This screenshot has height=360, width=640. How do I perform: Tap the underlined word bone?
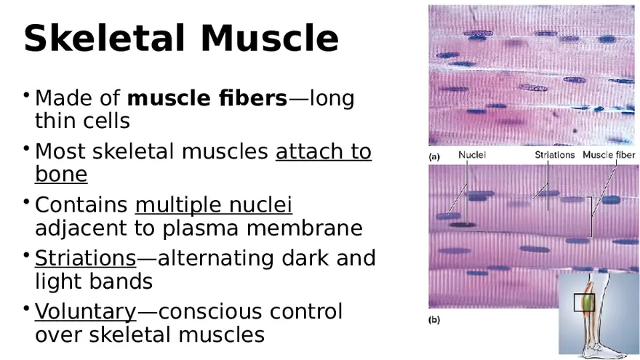(61, 175)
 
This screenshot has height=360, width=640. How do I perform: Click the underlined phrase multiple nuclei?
(214, 206)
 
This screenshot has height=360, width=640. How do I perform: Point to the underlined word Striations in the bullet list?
(85, 259)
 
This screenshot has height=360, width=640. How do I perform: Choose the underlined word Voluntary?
(85, 312)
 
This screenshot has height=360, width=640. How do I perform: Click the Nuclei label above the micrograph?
(472, 155)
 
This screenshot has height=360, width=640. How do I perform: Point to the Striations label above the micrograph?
(554, 155)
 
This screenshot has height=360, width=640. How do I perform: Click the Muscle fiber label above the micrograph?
(609, 155)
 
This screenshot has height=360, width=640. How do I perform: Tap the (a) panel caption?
(434, 156)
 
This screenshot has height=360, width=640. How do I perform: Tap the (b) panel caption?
(434, 319)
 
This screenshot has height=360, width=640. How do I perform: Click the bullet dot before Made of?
(27, 95)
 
